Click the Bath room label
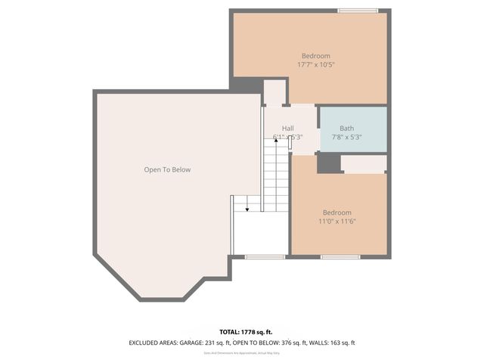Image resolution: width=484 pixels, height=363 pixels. point(346,129)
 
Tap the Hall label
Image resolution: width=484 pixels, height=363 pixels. point(288,129)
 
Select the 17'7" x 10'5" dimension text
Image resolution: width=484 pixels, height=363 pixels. point(315,65)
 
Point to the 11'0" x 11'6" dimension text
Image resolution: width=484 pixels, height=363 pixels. point(337,222)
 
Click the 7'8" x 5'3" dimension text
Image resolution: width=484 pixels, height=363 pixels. point(347,138)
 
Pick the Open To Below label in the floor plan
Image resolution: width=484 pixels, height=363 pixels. point(167,169)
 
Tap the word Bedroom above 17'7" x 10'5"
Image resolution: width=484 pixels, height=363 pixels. point(315,56)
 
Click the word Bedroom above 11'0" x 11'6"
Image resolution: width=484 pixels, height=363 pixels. point(337,213)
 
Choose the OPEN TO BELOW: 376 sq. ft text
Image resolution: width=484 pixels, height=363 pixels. point(262,343)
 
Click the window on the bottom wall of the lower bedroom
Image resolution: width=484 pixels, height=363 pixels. point(335,257)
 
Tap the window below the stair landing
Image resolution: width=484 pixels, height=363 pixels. point(265,257)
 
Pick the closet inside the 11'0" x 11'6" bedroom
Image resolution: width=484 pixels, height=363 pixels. point(363,164)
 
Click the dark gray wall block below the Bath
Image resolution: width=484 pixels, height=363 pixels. point(327,163)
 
